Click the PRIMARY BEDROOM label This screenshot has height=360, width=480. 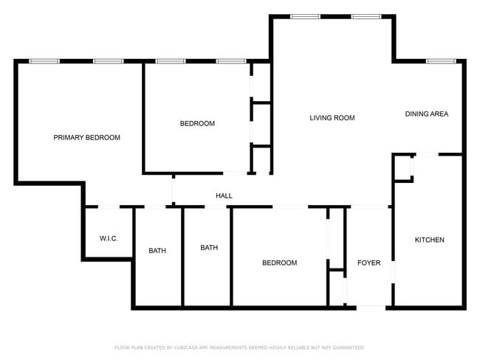[x=86, y=137]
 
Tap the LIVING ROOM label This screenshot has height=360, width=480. [x=332, y=117]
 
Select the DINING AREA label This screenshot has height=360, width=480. [x=426, y=114]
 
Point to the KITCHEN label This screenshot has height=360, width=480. [x=429, y=240]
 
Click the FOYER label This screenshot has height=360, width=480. [x=368, y=263]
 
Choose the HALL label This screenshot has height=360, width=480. [x=224, y=195]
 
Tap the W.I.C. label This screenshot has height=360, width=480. [x=109, y=238]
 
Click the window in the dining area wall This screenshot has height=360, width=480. [x=441, y=60]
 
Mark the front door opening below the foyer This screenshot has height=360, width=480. [x=370, y=307]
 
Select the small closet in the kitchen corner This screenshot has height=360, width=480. [x=402, y=167]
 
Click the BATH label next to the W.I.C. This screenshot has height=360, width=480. [x=157, y=251]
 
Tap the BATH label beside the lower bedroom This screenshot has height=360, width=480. [x=209, y=247]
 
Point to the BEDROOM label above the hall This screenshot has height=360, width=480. [x=197, y=123]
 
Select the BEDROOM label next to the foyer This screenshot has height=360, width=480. [x=280, y=263]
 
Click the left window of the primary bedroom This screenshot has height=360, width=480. [x=44, y=60]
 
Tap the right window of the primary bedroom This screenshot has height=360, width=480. [x=108, y=60]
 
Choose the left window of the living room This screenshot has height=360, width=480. [x=304, y=16]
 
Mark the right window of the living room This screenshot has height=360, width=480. [x=366, y=16]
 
